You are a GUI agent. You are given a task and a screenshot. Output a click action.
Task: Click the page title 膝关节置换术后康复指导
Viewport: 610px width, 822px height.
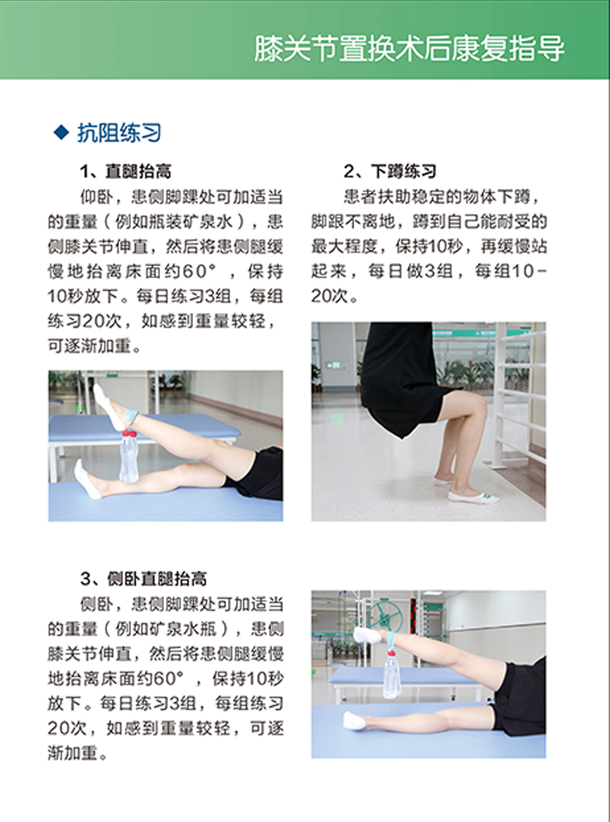click(409, 48)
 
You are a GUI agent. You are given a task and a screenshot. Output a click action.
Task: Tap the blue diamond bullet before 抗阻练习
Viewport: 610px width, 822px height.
click(61, 132)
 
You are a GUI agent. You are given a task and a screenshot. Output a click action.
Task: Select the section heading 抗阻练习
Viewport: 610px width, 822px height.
click(119, 133)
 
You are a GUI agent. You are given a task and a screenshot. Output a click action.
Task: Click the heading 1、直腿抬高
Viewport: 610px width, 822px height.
click(126, 171)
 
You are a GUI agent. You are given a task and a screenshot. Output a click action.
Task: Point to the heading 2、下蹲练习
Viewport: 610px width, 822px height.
click(390, 171)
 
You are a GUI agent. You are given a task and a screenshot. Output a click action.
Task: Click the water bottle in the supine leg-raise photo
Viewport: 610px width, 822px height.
click(128, 457)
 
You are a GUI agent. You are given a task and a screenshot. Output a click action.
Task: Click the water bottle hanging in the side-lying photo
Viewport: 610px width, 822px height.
click(392, 673)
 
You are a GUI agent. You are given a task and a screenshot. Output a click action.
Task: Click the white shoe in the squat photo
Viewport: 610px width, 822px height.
click(473, 496)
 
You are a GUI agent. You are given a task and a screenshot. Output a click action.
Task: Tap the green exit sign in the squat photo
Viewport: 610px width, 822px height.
click(334, 366)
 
